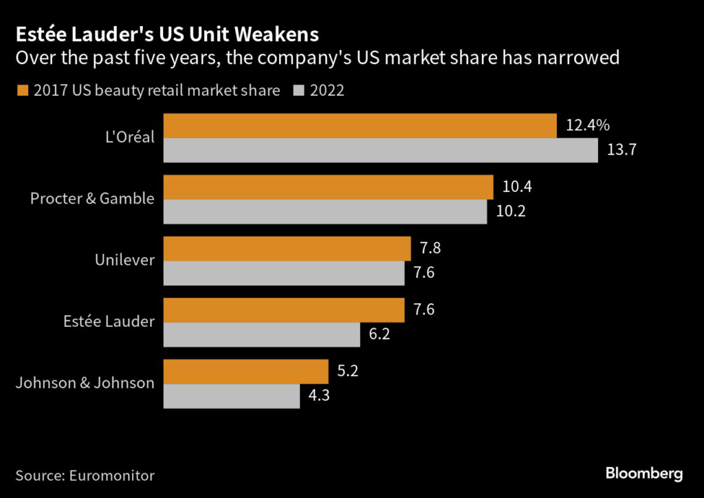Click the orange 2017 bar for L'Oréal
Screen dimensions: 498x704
click(360, 126)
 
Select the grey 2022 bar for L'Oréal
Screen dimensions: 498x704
click(381, 151)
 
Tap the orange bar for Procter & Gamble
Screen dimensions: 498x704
click(329, 187)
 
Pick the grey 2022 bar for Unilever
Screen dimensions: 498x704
click(284, 273)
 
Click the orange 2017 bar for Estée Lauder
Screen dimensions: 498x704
click(284, 310)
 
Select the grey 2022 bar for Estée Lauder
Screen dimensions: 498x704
click(262, 334)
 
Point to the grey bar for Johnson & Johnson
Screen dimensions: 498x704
click(232, 396)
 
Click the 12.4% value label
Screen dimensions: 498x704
click(588, 126)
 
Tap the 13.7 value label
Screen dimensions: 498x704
click(621, 151)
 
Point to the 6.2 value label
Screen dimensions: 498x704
click(380, 334)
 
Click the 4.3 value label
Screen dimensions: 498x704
click(320, 396)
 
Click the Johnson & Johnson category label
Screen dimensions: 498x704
click(85, 383)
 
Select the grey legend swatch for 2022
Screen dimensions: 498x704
click(298, 91)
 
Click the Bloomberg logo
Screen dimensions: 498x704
click(643, 474)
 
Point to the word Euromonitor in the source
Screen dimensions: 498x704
click(111, 475)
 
